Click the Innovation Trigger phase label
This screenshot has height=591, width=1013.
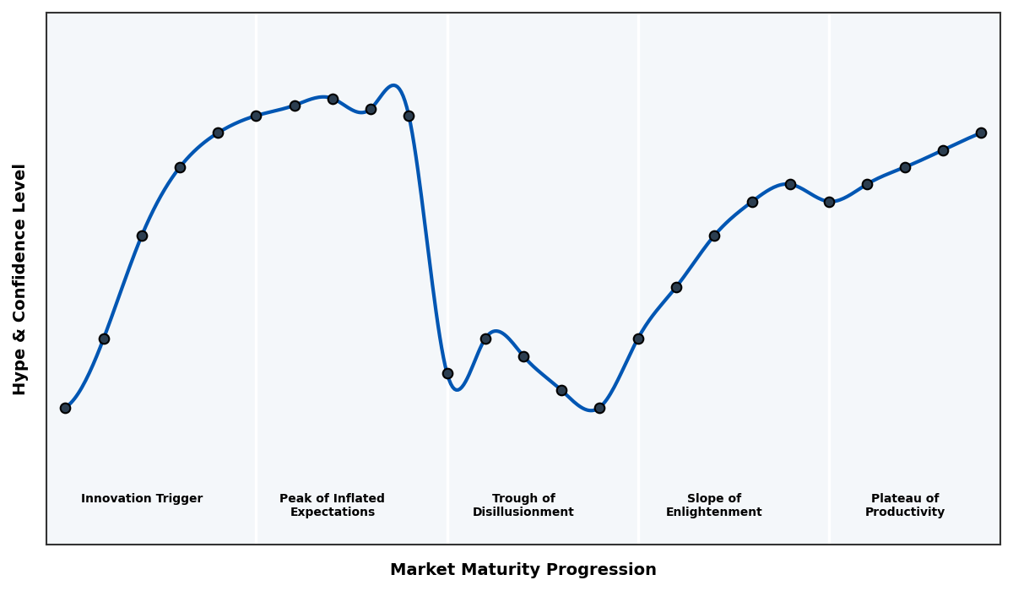tap(142, 499)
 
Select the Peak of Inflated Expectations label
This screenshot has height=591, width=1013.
tap(332, 505)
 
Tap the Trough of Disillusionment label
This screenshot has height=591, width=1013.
tap(523, 505)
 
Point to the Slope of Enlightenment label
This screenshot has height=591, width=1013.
tap(713, 505)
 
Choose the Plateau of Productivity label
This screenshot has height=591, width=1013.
tap(904, 505)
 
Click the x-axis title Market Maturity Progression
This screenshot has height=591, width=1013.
tap(523, 570)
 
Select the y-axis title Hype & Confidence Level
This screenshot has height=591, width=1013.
tap(20, 279)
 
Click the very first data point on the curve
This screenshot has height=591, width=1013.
tap(65, 408)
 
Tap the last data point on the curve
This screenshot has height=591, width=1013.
tap(981, 133)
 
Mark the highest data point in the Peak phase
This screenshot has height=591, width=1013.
tap(333, 99)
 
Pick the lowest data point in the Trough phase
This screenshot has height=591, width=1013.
tap(599, 408)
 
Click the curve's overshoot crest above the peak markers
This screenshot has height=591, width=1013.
tap(393, 85)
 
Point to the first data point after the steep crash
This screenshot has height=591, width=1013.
tap(447, 373)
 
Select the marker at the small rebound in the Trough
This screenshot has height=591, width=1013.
tap(485, 339)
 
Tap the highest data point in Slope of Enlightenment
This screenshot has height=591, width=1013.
tap(790, 184)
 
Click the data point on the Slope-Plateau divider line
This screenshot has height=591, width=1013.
tap(829, 202)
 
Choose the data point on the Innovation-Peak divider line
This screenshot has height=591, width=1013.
tap(256, 116)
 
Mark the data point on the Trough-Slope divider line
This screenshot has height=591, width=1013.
tap(638, 339)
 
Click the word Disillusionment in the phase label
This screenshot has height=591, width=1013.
tap(523, 512)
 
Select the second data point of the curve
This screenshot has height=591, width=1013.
tap(104, 339)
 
